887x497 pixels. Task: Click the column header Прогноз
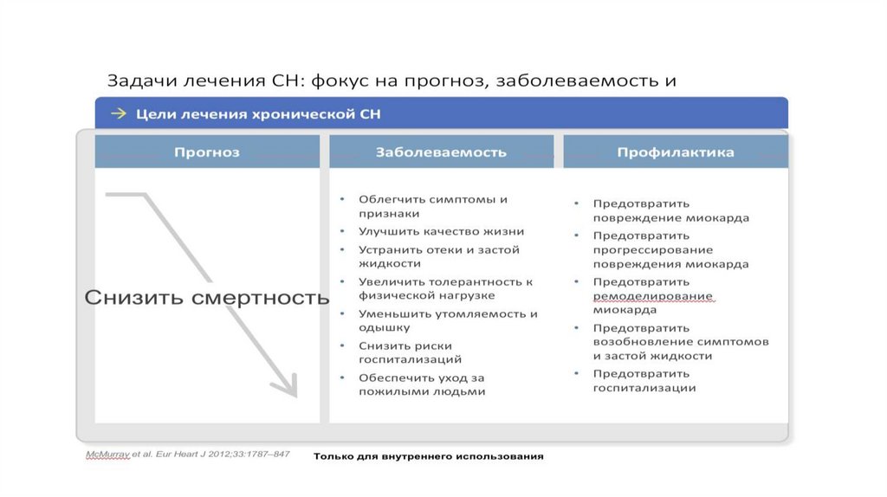[206, 152]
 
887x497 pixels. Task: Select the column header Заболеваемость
[441, 152]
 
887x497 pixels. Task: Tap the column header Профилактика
[676, 152]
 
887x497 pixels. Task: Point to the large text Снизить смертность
[206, 298]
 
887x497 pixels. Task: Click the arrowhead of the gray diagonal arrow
[288, 386]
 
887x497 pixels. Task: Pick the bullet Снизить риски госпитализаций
[411, 352]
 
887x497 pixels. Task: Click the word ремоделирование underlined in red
[652, 296]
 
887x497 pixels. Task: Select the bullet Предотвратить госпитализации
[645, 381]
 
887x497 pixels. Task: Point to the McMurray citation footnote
[187, 454]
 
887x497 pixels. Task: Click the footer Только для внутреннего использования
[428, 456]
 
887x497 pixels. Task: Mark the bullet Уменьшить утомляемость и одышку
[448, 320]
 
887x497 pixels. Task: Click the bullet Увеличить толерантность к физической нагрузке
[445, 288]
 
